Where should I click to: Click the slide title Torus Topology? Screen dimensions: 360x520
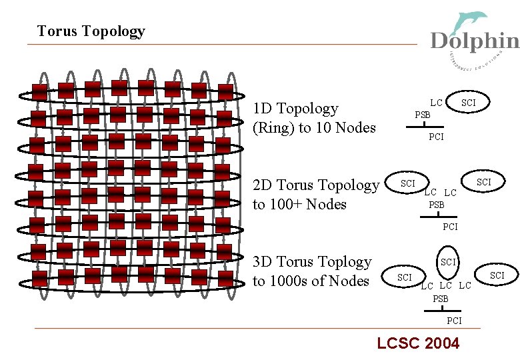91,31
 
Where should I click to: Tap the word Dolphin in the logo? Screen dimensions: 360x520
475,41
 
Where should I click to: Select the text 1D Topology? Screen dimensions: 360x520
295,109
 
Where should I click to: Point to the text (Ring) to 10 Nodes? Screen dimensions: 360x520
314,128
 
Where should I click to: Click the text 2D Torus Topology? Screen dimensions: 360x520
315,185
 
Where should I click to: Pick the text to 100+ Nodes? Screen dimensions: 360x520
299,204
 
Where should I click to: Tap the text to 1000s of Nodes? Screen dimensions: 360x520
311,281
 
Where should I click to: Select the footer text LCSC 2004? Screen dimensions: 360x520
418,343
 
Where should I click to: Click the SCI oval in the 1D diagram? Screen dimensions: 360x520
469,102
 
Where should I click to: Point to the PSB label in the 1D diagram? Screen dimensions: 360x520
423,115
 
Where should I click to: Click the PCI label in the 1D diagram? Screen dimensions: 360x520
436,137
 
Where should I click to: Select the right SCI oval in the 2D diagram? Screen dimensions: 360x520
484,182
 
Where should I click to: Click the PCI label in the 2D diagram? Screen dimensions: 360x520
451,227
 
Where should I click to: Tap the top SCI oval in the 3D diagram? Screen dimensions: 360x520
449,262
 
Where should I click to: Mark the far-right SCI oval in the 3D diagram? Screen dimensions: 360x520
497,275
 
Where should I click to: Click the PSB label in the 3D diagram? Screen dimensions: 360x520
441,299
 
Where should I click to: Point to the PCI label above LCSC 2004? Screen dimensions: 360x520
454,321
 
